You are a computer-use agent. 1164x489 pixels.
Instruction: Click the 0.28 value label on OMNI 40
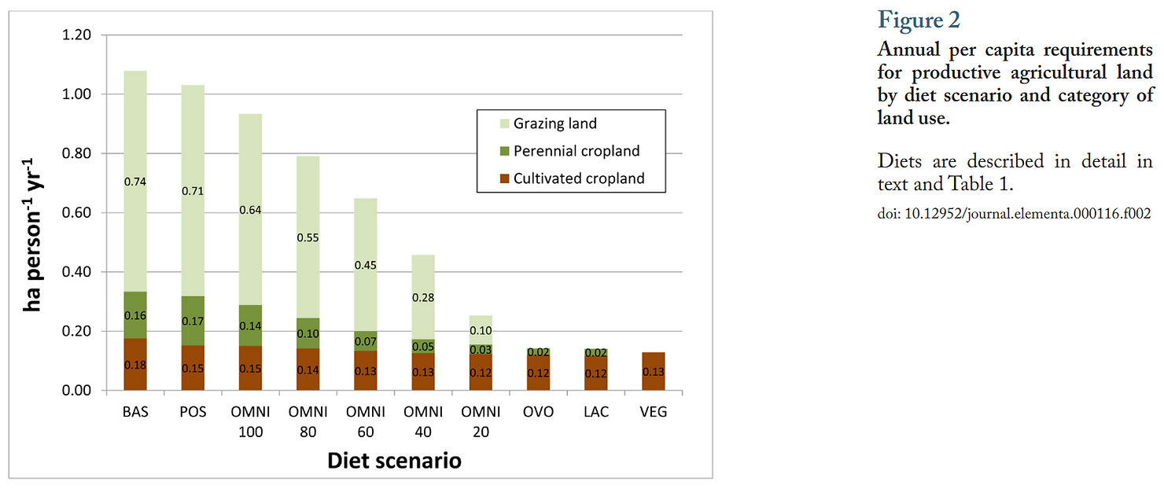coord(423,298)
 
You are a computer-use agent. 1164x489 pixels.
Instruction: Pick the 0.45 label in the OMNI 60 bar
coord(366,265)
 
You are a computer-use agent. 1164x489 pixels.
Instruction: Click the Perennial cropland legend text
coord(576,151)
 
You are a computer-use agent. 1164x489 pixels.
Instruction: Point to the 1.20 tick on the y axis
coord(76,35)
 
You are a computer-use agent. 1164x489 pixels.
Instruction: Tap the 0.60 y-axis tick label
coord(76,213)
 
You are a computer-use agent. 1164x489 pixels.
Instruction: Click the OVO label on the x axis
coord(538,411)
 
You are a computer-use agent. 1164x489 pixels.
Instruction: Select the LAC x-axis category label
coord(595,411)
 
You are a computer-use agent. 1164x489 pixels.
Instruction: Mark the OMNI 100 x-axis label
coord(250,421)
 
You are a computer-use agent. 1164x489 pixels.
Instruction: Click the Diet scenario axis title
coord(394,460)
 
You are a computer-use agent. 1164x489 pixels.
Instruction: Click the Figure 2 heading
coord(919,20)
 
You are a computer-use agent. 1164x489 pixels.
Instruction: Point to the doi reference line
coord(1014,213)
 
